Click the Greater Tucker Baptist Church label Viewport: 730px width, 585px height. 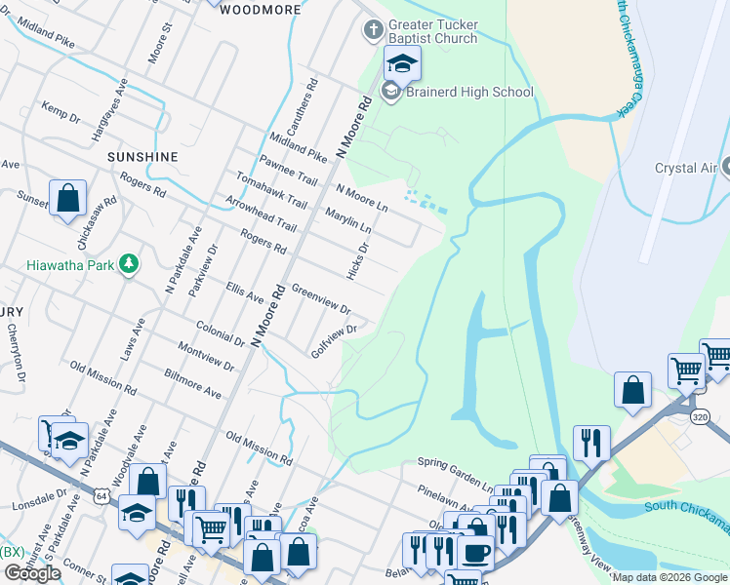point(433,31)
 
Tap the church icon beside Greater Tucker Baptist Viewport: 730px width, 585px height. point(372,30)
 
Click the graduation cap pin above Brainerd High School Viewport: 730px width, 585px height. point(401,64)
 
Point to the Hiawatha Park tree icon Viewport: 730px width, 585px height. point(127,263)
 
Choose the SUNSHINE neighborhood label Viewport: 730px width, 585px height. point(142,156)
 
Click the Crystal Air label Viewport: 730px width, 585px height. point(686,168)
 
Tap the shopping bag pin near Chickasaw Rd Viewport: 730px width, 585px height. point(68,199)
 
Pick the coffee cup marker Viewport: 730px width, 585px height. point(475,552)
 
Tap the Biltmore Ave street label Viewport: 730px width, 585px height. point(193,384)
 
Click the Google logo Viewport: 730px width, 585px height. point(32,573)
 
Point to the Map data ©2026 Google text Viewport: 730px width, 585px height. point(669,577)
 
